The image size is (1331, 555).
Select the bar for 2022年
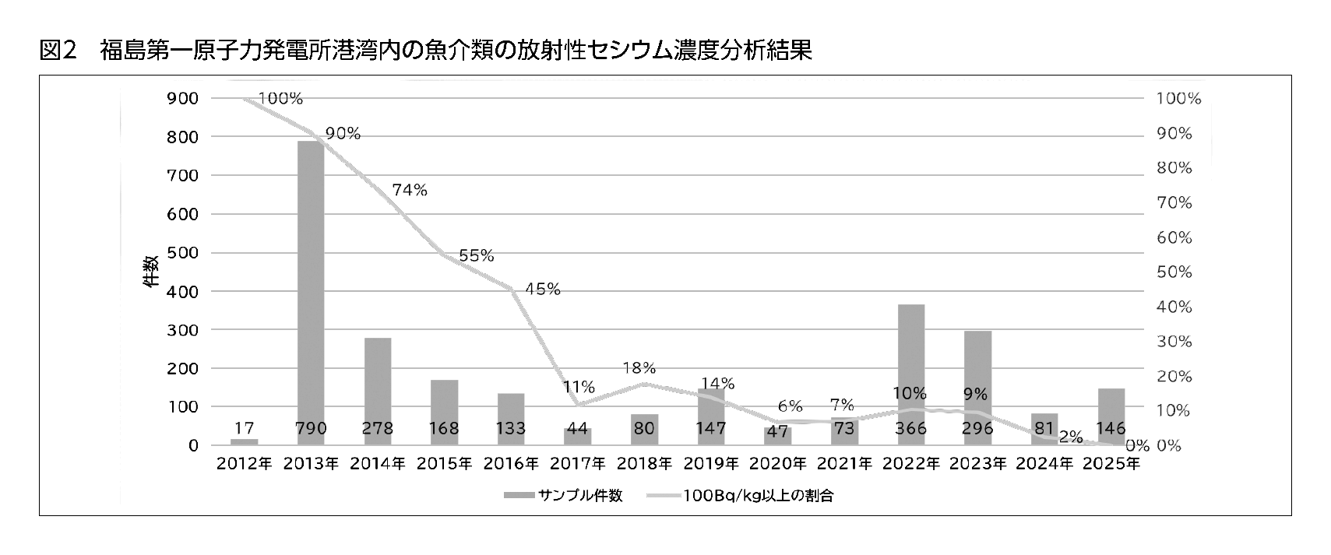[911, 374]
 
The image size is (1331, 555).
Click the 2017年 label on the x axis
[578, 465]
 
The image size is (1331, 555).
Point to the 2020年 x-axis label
[777, 465]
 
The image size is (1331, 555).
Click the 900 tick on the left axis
[183, 99]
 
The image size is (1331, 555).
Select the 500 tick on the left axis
[183, 253]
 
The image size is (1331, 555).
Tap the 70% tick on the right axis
[1174, 203]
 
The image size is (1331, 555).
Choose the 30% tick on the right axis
[1174, 342]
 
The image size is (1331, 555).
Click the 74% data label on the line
[410, 190]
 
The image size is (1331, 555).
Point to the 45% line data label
[542, 289]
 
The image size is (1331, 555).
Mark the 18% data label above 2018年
[639, 367]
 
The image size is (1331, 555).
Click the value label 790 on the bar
[311, 428]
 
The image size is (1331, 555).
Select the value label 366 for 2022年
[911, 428]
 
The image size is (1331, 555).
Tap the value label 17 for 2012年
[244, 428]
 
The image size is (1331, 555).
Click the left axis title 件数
[150, 271]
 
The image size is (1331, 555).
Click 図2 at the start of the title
[58, 51]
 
